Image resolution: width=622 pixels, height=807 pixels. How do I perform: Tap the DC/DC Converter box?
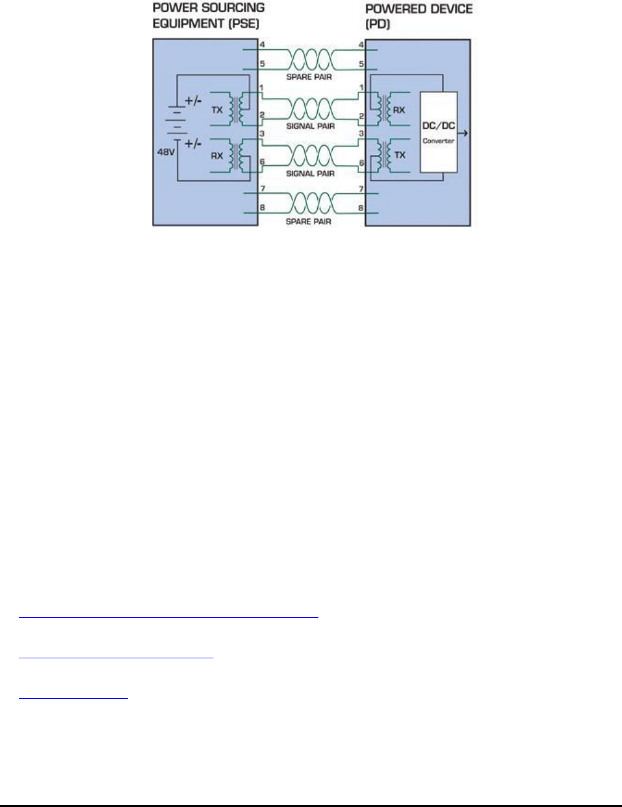439,132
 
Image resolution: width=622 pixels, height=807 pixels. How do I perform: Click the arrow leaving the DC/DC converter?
463,132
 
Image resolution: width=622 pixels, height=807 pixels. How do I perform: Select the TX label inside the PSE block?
217,109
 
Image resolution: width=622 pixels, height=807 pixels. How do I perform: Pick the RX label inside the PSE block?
217,156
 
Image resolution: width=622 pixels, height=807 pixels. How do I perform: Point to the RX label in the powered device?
400,109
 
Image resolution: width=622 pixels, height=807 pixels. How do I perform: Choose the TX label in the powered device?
400,155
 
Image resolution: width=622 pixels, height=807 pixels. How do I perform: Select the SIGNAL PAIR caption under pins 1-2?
310,126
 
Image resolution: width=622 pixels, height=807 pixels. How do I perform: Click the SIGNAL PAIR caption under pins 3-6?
310,173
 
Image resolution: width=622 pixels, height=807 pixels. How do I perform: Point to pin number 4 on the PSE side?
262,45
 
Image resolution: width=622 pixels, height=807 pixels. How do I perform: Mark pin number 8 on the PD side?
361,209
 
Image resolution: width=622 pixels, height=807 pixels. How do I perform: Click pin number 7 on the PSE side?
262,188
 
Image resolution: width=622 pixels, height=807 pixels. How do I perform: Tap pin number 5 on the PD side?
361,63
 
